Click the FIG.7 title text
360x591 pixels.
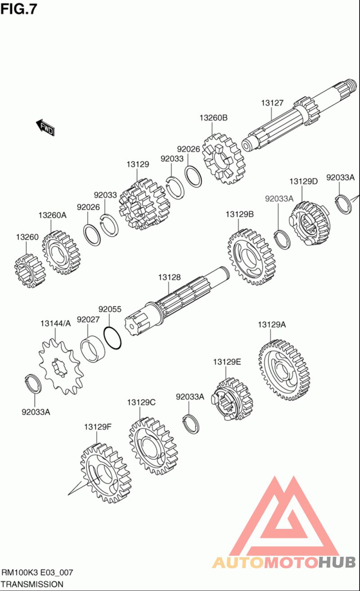[19, 9]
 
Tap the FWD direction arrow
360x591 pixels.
[45, 128]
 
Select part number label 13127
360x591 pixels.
[272, 103]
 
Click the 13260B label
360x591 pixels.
[214, 118]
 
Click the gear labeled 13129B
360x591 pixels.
[251, 257]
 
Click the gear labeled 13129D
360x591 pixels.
[310, 223]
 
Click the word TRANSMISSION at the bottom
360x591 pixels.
[32, 584]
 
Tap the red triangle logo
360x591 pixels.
[284, 518]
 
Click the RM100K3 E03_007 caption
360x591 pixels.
[37, 573]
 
